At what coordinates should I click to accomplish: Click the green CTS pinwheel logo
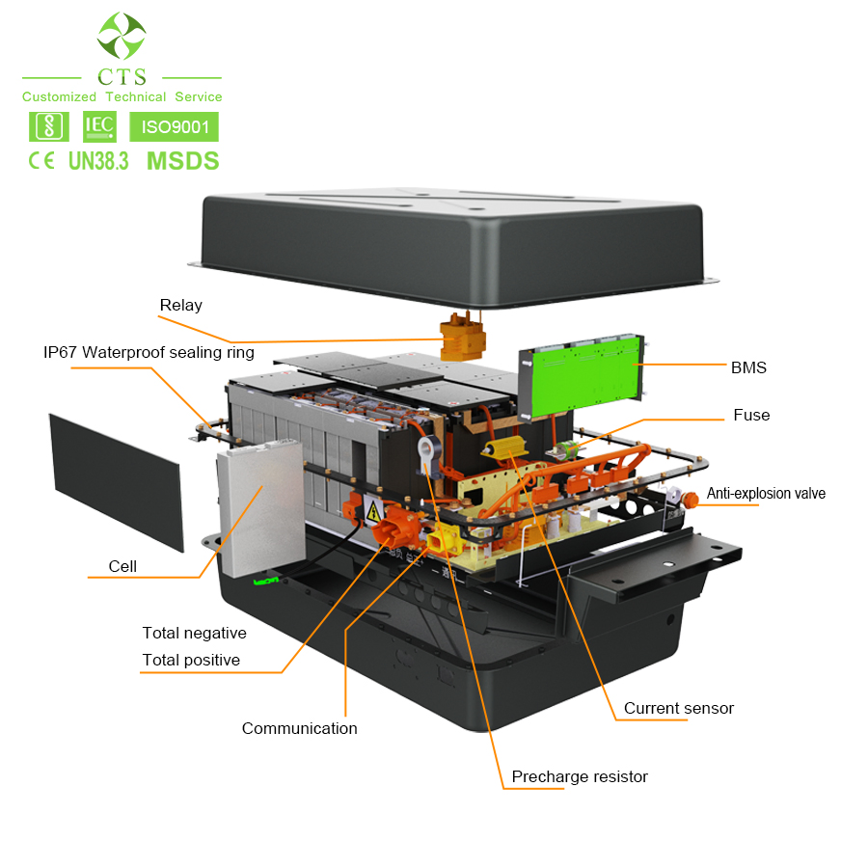pos(122,36)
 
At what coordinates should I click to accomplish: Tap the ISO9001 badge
pos(174,126)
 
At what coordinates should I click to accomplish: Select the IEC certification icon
pos(99,125)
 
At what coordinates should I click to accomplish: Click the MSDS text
pos(182,161)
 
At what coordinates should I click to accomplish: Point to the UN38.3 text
pos(98,161)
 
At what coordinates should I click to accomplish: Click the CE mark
pos(41,161)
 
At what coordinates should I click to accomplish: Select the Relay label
pos(180,306)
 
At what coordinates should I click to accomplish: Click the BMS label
pos(748,367)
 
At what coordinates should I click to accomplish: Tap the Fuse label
pos(751,415)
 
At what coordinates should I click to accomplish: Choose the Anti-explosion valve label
pos(766,494)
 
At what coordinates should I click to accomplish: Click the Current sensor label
pos(678,708)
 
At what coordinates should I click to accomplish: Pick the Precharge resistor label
pos(580,776)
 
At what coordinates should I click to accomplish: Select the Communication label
pos(299,728)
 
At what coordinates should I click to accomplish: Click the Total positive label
pos(191,660)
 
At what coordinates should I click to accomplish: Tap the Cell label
pos(122,566)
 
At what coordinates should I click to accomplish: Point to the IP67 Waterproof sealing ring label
pos(149,352)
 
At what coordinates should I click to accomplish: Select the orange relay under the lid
pos(462,338)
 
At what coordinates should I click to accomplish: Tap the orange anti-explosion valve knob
pos(690,499)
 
